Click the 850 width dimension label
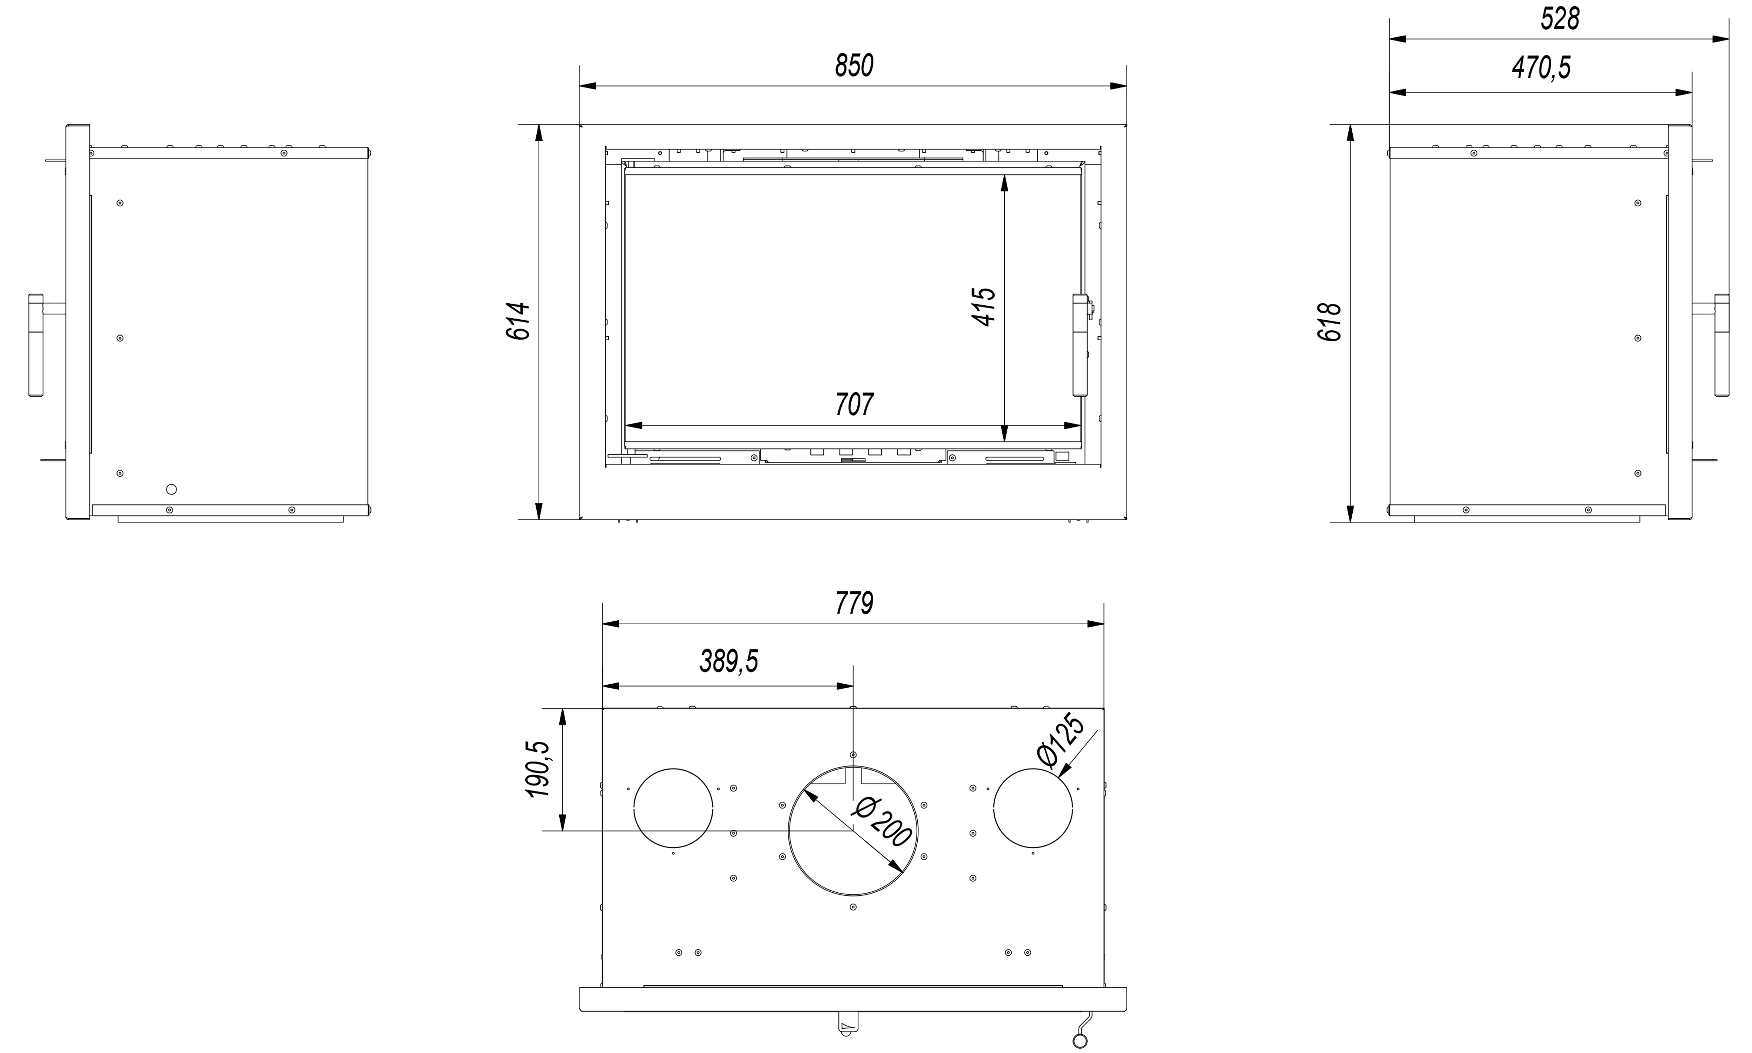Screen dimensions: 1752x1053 coord(854,65)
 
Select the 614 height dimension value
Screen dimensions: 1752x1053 coord(519,321)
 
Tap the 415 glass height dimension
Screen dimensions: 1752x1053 coord(984,307)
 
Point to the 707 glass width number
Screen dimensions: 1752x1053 coord(854,404)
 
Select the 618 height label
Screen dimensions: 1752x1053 coord(1330,322)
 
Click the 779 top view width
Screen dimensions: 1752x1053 coord(854,603)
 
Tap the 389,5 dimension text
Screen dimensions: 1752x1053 coord(729,661)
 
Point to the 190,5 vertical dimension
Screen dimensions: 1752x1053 coord(538,769)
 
